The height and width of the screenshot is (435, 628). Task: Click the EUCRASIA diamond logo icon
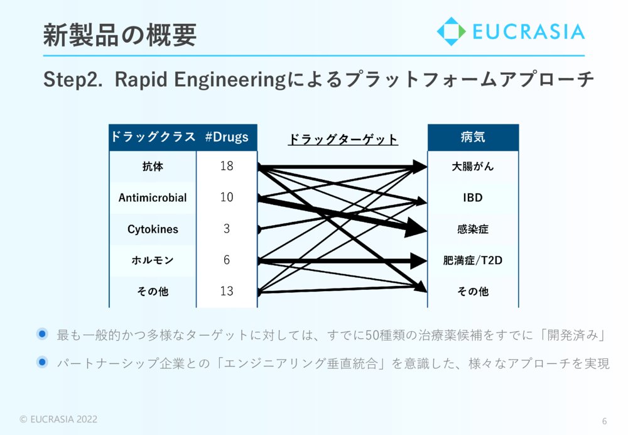[452, 31]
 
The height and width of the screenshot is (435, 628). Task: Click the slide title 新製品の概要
[120, 35]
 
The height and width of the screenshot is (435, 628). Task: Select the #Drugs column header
[227, 137]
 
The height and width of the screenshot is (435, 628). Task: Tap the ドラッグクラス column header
[153, 136]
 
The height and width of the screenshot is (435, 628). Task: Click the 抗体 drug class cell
[153, 167]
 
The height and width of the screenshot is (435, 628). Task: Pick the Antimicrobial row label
[153, 197]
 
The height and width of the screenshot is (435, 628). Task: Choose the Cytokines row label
[153, 229]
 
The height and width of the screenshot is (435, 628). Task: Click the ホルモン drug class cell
[153, 260]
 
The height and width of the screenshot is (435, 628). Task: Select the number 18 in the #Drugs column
[227, 166]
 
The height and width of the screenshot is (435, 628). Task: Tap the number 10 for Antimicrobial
[227, 197]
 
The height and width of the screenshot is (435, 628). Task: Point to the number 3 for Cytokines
[227, 229]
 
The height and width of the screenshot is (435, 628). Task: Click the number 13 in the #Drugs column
[227, 291]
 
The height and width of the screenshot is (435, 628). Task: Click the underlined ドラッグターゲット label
[343, 139]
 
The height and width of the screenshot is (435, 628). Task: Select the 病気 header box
[473, 138]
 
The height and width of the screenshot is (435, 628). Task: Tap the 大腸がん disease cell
[473, 167]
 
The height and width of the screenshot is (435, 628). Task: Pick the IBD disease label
[473, 197]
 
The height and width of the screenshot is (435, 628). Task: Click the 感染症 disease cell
[473, 229]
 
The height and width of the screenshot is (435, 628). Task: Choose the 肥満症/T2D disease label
[473, 261]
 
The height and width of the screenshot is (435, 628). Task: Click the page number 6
[604, 421]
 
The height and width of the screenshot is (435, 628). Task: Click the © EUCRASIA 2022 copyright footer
[58, 419]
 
